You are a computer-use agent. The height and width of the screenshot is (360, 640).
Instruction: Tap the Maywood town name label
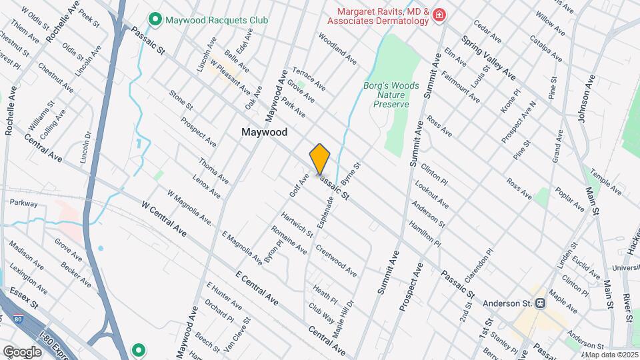point(265,132)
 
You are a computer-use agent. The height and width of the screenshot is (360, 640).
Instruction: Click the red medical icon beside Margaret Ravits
point(439,15)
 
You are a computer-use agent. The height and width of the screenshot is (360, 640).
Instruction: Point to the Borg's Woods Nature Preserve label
point(391,95)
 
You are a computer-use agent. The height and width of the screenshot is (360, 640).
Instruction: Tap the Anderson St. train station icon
point(541,303)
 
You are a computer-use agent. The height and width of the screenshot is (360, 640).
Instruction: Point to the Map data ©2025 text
point(611,355)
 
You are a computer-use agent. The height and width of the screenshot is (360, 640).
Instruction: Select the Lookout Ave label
point(431,194)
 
